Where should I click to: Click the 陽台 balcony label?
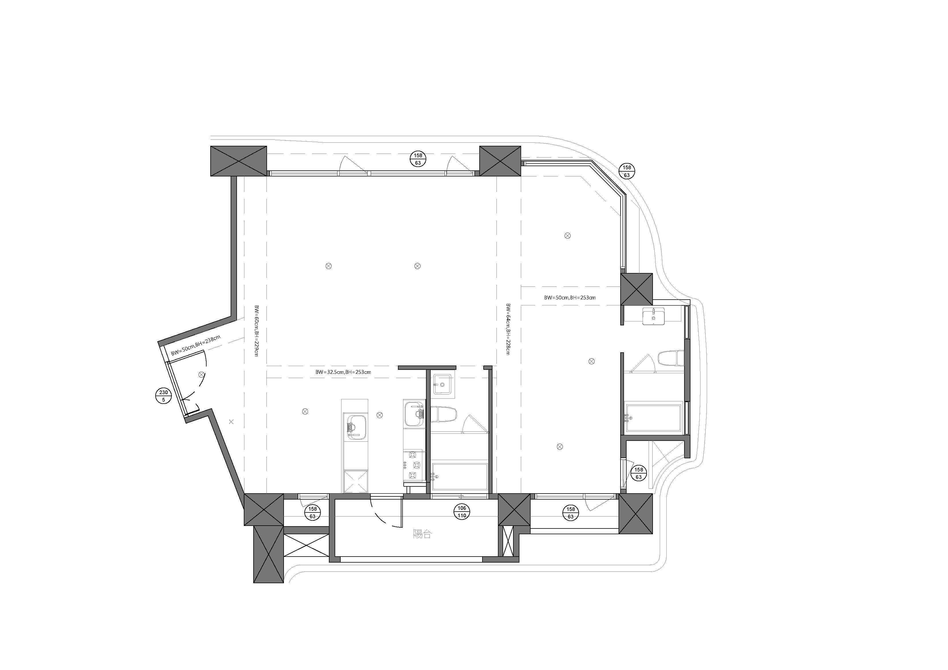[x=422, y=534]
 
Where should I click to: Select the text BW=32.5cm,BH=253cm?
[x=343, y=372]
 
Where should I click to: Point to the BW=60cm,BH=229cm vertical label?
[x=256, y=330]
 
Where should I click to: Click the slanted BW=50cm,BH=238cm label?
[x=196, y=345]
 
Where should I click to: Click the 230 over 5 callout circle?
[x=164, y=396]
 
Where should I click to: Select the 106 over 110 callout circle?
[x=462, y=512]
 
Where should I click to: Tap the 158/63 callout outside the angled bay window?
[x=627, y=171]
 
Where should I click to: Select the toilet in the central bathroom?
[x=444, y=414]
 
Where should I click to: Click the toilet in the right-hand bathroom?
[x=671, y=358]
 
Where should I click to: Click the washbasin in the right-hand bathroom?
[x=653, y=317]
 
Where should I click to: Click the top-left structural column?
[x=239, y=161]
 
